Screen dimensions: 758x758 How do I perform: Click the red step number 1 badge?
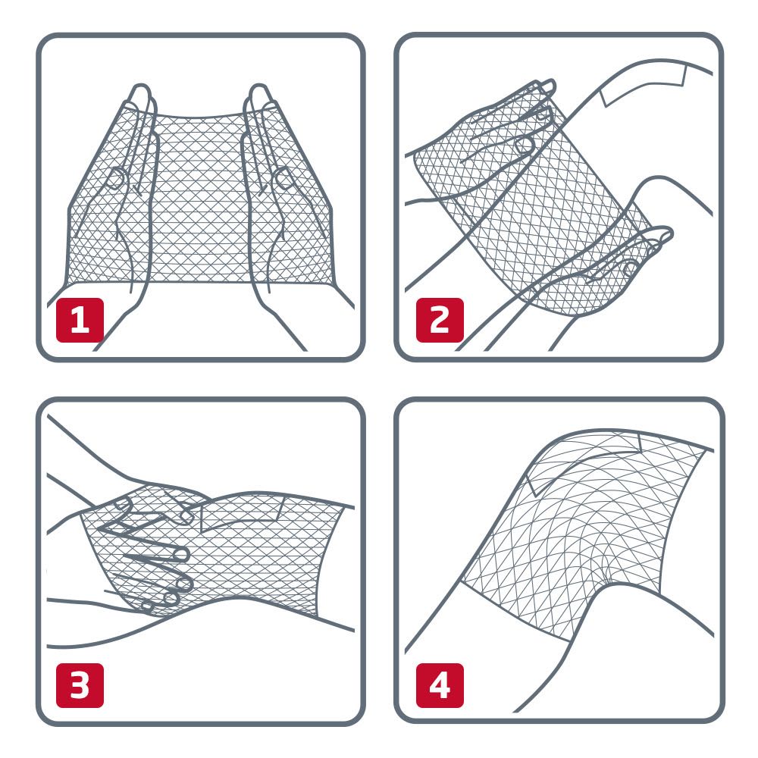pyautogui.click(x=80, y=320)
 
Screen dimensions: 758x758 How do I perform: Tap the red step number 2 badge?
pyautogui.click(x=440, y=320)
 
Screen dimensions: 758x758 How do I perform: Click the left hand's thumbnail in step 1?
pyautogui.click(x=115, y=179)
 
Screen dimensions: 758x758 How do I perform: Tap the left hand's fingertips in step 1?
pyautogui.click(x=141, y=94)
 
